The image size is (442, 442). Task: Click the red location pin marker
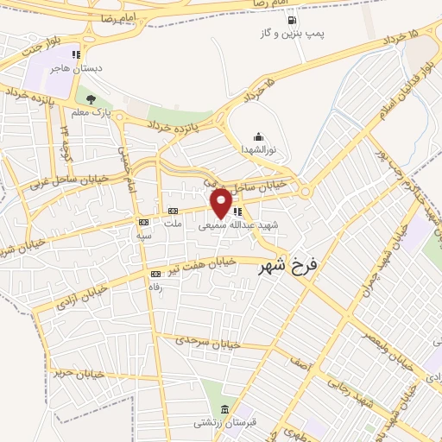(x=221, y=202)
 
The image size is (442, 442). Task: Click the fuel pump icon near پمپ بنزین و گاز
(x=292, y=20)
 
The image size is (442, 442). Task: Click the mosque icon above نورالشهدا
(x=258, y=136)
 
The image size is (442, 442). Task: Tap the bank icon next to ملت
(x=172, y=212)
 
